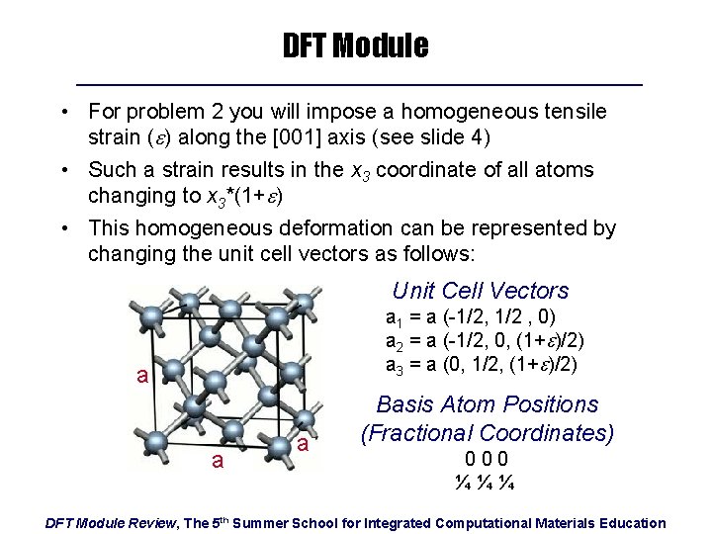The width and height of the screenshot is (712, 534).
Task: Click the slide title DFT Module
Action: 355,45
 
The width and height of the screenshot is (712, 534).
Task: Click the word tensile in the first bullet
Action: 574,112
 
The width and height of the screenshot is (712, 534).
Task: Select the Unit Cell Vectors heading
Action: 480,291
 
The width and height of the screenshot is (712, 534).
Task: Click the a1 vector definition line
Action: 471,317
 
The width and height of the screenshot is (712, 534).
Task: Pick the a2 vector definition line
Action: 485,340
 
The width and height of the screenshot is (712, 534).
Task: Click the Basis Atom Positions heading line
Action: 488,404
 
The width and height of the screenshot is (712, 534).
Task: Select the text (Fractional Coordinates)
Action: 488,432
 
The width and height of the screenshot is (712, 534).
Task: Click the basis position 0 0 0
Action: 487,459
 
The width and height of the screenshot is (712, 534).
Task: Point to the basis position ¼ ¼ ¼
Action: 487,484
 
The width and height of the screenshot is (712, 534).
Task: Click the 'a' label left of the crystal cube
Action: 142,377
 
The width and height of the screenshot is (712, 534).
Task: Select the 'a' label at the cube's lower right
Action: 304,447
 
